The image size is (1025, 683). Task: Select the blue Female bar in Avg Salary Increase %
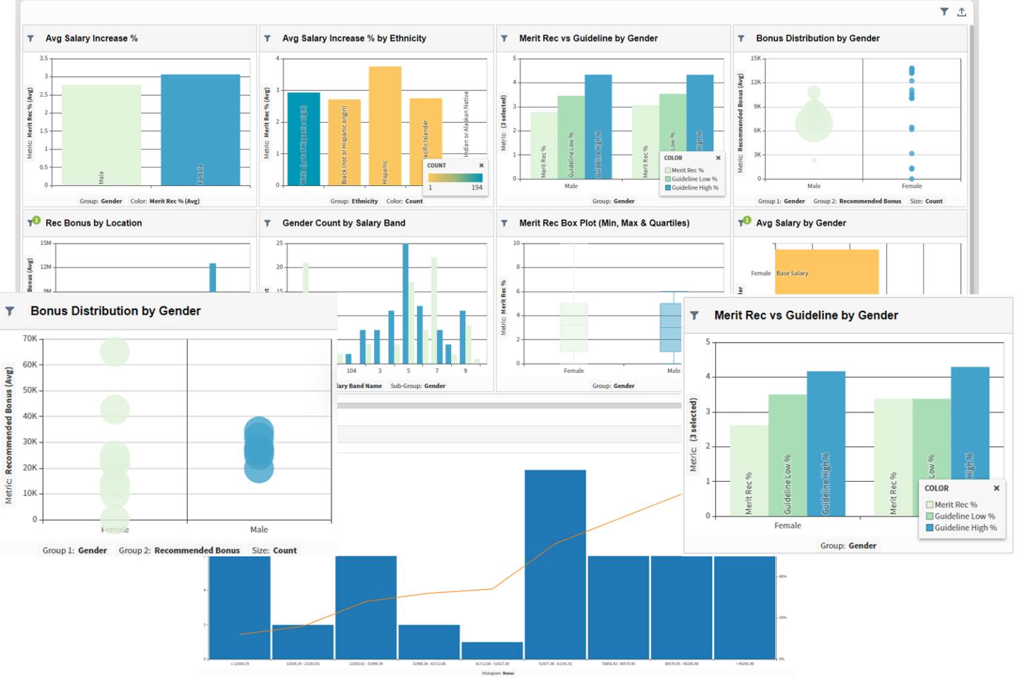click(x=200, y=130)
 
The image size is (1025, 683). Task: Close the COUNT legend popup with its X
click(x=481, y=165)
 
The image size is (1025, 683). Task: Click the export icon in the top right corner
click(x=962, y=12)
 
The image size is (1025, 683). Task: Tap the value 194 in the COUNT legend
click(x=476, y=187)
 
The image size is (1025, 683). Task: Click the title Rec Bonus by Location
click(x=93, y=223)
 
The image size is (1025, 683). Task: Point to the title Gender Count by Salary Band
click(x=344, y=223)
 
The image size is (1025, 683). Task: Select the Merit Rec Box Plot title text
click(x=604, y=223)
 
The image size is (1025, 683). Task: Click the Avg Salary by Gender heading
click(x=801, y=223)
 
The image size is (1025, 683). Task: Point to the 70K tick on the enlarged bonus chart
click(x=30, y=339)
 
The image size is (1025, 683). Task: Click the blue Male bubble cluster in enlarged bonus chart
click(x=259, y=449)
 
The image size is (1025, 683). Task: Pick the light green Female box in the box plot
click(x=574, y=327)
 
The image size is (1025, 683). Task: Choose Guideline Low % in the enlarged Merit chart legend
click(x=964, y=516)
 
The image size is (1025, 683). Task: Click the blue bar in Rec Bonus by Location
click(x=213, y=277)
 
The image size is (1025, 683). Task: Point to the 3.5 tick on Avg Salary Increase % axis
click(x=43, y=59)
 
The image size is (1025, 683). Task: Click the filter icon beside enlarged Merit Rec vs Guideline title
click(x=694, y=315)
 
